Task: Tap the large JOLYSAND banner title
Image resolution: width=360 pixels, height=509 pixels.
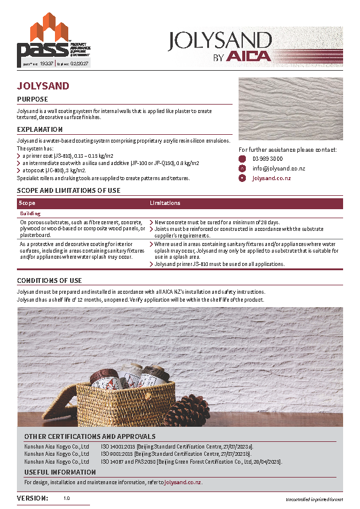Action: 219,40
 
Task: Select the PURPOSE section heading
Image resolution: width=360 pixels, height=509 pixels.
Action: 32,99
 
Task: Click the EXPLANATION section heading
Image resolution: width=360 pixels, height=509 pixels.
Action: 40,129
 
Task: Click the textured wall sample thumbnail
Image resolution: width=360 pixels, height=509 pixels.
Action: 291,109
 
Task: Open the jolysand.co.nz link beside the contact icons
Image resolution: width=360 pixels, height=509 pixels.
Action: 271,178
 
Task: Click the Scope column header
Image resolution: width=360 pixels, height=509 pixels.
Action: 28,204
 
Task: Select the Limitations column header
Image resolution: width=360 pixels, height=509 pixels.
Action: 165,204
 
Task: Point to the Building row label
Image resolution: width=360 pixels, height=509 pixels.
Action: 30,213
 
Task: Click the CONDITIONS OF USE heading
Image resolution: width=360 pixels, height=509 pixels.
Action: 49,281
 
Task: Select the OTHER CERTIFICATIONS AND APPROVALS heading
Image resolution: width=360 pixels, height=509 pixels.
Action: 89,436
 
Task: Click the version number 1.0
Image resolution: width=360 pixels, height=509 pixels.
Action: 66,499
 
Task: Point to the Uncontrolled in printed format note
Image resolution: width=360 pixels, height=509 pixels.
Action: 313,500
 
